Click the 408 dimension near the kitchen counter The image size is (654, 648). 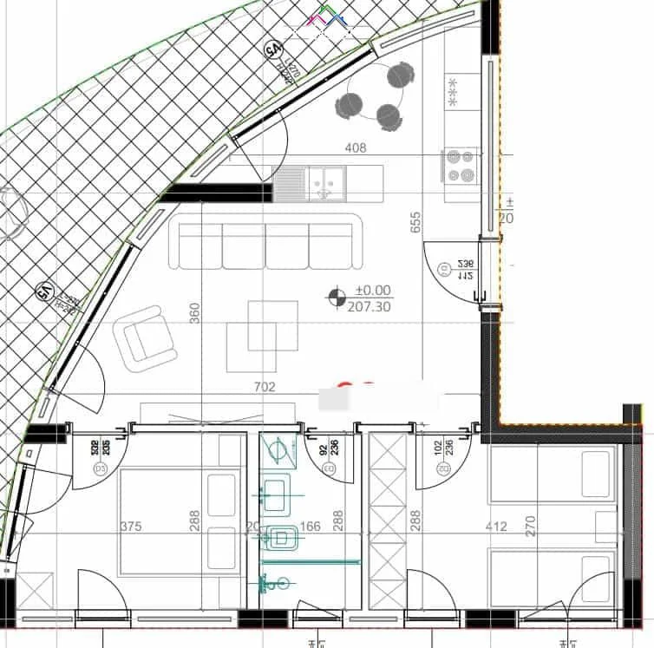[x=356, y=148]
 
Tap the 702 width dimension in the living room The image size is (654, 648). [x=265, y=387]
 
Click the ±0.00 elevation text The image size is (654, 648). [x=373, y=291]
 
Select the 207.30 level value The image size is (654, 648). [x=369, y=306]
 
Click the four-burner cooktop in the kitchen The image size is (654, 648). [x=461, y=166]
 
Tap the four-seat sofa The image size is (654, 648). [x=265, y=242]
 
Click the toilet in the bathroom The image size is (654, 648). [x=280, y=538]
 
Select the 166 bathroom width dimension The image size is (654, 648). [x=311, y=527]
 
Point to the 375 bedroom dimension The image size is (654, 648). [x=130, y=527]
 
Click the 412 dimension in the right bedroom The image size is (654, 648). [x=496, y=527]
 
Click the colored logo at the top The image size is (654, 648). [x=328, y=17]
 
